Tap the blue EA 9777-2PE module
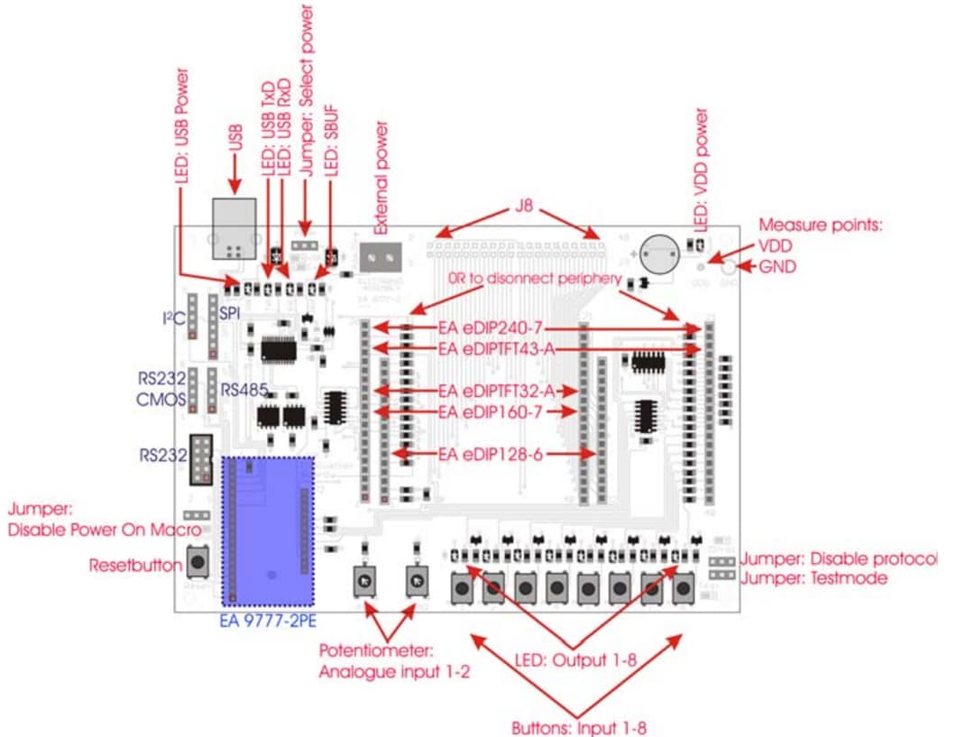269,530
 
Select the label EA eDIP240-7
489,327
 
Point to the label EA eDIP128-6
491,454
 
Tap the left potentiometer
365,583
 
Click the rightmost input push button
683,590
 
